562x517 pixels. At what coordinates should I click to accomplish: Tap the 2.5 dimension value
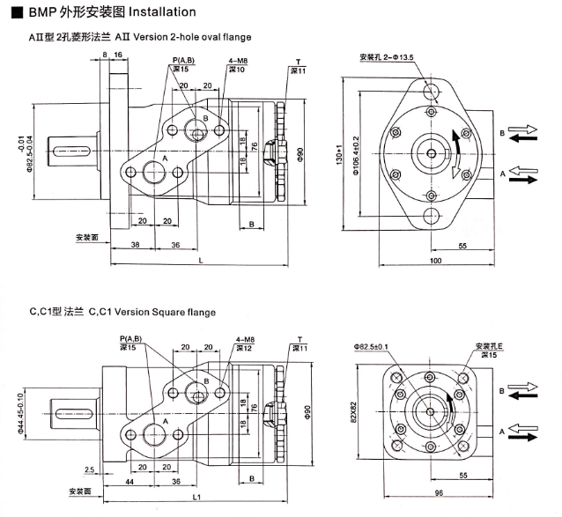[90, 469]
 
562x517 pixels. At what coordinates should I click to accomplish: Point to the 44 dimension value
[129, 484]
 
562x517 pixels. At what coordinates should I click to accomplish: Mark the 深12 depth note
[244, 348]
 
